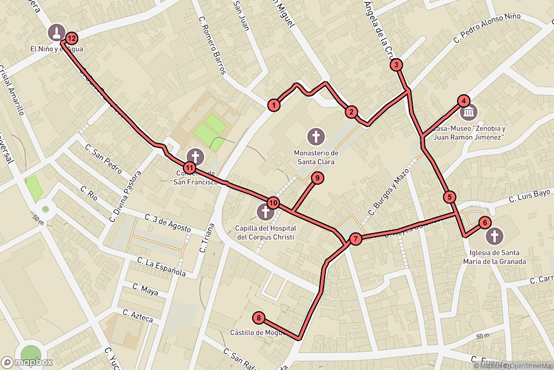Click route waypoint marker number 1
pos(273,104)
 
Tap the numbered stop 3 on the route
pos(396,65)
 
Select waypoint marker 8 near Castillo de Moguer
pos(259,318)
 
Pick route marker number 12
pos(71,38)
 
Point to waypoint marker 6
pos(484,223)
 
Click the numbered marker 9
pos(317,178)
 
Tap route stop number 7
pos(356,239)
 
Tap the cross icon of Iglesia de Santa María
pos(495,236)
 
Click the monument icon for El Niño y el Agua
pos(56,32)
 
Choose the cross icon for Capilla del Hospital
pos(265,212)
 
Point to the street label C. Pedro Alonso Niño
pos(487,27)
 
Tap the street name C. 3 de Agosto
pos(168,223)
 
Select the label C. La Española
pos(161,267)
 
